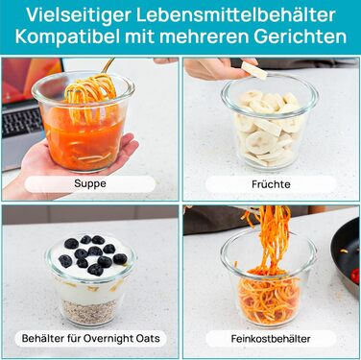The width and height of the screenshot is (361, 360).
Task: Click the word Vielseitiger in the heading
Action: coord(79,14)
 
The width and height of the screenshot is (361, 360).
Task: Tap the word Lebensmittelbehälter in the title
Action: coord(236,14)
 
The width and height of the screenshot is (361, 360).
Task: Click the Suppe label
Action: coord(90,183)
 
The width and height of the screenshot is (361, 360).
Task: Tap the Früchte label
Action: coord(271,184)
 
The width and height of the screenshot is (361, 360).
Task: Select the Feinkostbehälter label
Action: coord(271,339)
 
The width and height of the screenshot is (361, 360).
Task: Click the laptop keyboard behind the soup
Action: coord(21,122)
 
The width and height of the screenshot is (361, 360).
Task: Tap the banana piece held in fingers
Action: coord(254,70)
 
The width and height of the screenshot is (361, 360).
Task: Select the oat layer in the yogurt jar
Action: coord(88,311)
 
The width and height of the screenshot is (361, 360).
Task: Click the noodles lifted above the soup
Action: coord(90,89)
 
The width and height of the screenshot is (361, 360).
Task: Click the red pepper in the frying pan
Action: coord(354,276)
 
